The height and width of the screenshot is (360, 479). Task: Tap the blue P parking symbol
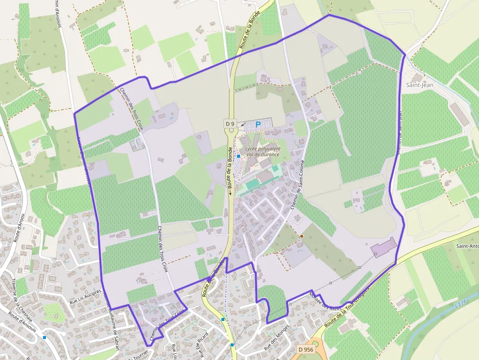(x=258, y=125)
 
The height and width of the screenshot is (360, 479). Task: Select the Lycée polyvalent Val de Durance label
(x=262, y=151)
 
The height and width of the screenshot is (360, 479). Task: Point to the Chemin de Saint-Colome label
(x=298, y=185)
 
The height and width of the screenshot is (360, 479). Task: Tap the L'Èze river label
(x=461, y=303)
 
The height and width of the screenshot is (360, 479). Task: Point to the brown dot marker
(x=302, y=236)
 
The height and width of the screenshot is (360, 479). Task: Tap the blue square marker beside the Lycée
(x=238, y=156)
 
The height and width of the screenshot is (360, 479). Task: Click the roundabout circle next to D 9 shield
(x=231, y=131)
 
